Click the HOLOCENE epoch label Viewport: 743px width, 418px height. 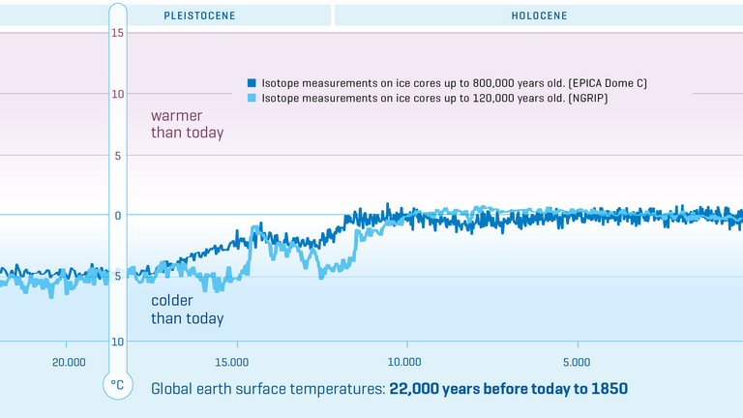(539, 15)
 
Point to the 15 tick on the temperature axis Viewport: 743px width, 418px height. (118, 33)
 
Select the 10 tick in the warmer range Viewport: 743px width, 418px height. (118, 94)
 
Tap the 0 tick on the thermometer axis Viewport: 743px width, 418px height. (118, 215)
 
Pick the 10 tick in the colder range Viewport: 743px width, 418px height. (118, 342)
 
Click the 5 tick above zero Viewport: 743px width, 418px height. (118, 155)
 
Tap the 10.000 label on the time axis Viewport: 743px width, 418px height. (404, 363)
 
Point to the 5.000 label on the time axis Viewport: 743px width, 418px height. (576, 363)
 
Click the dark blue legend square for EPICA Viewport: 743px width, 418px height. (252, 83)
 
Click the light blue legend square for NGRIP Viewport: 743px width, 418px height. (252, 99)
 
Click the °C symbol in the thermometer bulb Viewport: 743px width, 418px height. (117, 385)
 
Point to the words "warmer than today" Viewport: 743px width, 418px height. (187, 124)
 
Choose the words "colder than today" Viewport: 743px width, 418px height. (187, 310)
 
